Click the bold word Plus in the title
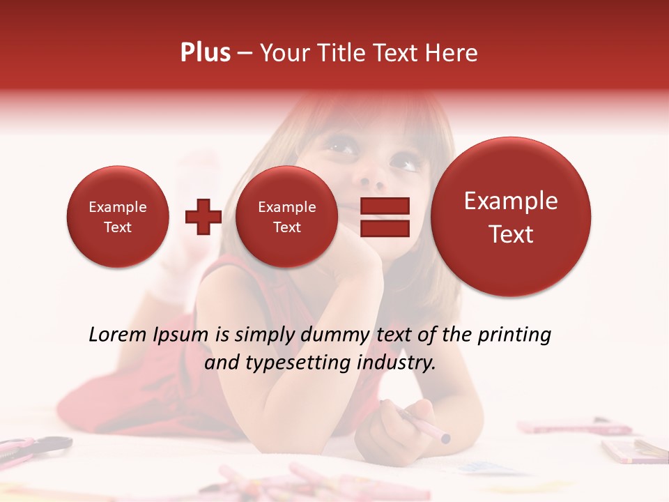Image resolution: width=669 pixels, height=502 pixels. tap(205, 53)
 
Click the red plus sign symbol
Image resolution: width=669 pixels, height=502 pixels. tap(203, 217)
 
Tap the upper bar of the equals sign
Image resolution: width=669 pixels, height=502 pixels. tap(384, 206)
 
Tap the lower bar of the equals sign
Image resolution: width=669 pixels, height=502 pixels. tap(384, 228)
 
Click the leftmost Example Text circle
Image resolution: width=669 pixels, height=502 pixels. tap(118, 217)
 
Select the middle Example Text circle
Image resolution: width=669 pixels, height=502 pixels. tap(286, 217)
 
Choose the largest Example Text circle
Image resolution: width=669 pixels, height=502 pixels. tap(511, 217)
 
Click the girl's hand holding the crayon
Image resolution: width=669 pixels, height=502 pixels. tap(394, 425)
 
